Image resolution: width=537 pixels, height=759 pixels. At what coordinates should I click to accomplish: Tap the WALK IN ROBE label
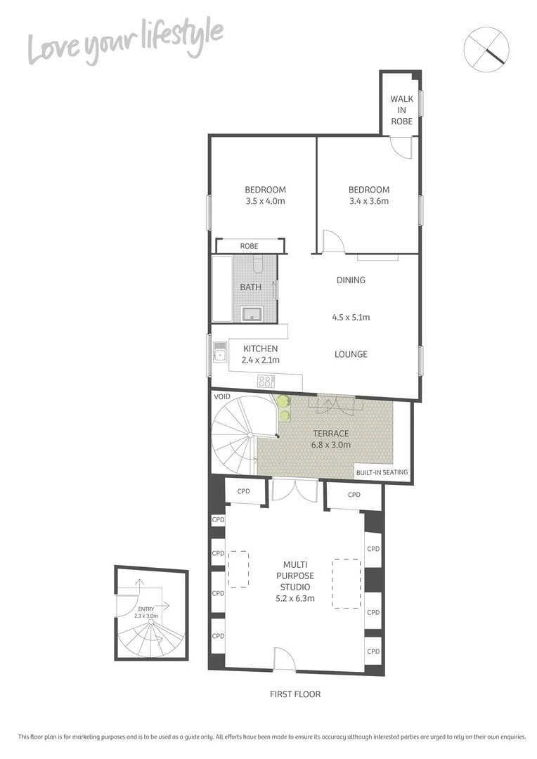point(402,110)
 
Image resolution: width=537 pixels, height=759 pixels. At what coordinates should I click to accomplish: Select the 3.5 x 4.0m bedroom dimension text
point(265,201)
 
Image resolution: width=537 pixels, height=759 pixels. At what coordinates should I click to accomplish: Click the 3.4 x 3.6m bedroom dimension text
point(369,201)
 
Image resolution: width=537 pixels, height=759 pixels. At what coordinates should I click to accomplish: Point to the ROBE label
point(249,246)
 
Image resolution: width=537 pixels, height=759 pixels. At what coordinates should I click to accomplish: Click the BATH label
point(250,287)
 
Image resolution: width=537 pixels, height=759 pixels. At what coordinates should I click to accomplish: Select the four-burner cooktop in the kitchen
point(266,382)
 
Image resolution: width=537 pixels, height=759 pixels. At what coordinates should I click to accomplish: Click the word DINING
point(351,280)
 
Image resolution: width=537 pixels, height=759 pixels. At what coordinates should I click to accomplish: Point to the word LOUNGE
point(351,354)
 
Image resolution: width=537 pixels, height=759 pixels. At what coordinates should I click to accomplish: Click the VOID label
point(223,397)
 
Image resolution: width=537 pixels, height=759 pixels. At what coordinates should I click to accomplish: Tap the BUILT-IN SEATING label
point(382,472)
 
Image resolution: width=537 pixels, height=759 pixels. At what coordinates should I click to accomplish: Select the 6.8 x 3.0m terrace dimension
point(332,445)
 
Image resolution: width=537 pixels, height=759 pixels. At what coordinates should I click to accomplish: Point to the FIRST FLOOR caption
point(295,694)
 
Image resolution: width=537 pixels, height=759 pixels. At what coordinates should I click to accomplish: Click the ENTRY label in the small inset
point(146,609)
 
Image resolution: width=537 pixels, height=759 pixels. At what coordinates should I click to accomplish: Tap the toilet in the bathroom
point(257,265)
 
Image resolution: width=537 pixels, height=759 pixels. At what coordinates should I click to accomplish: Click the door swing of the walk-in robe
point(401,147)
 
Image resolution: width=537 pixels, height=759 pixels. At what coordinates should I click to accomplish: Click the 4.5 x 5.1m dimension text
point(351,317)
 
